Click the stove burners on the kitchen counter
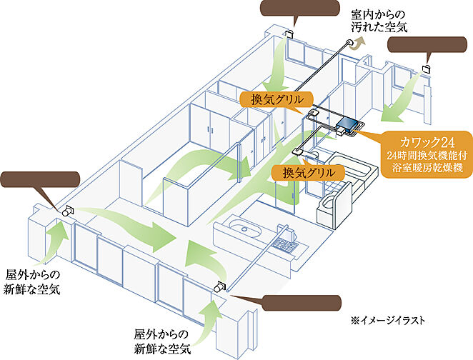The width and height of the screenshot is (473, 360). pos(284,246)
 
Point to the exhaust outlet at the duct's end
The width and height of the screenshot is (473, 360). pos(350,44)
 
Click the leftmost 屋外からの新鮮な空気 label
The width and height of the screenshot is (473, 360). pos(33,281)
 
